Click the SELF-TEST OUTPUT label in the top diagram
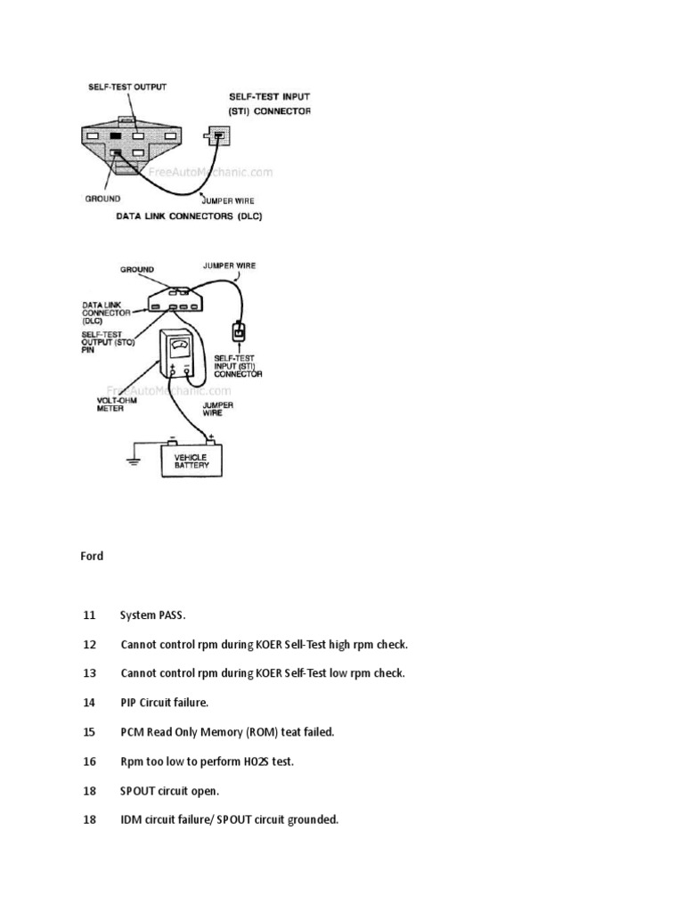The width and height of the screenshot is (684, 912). click(x=127, y=86)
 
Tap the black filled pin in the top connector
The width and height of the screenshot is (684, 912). click(x=115, y=135)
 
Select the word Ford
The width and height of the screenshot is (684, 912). click(x=93, y=556)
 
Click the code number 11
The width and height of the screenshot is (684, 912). click(x=89, y=615)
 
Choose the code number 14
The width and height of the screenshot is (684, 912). click(x=89, y=703)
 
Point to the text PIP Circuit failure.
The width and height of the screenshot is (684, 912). click(x=164, y=703)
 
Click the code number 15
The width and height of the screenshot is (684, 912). click(x=89, y=732)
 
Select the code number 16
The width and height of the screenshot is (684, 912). click(x=89, y=761)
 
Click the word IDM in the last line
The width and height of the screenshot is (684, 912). click(x=131, y=819)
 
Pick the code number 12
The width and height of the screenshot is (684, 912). click(x=89, y=644)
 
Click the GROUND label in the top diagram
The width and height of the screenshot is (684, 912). click(x=103, y=198)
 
